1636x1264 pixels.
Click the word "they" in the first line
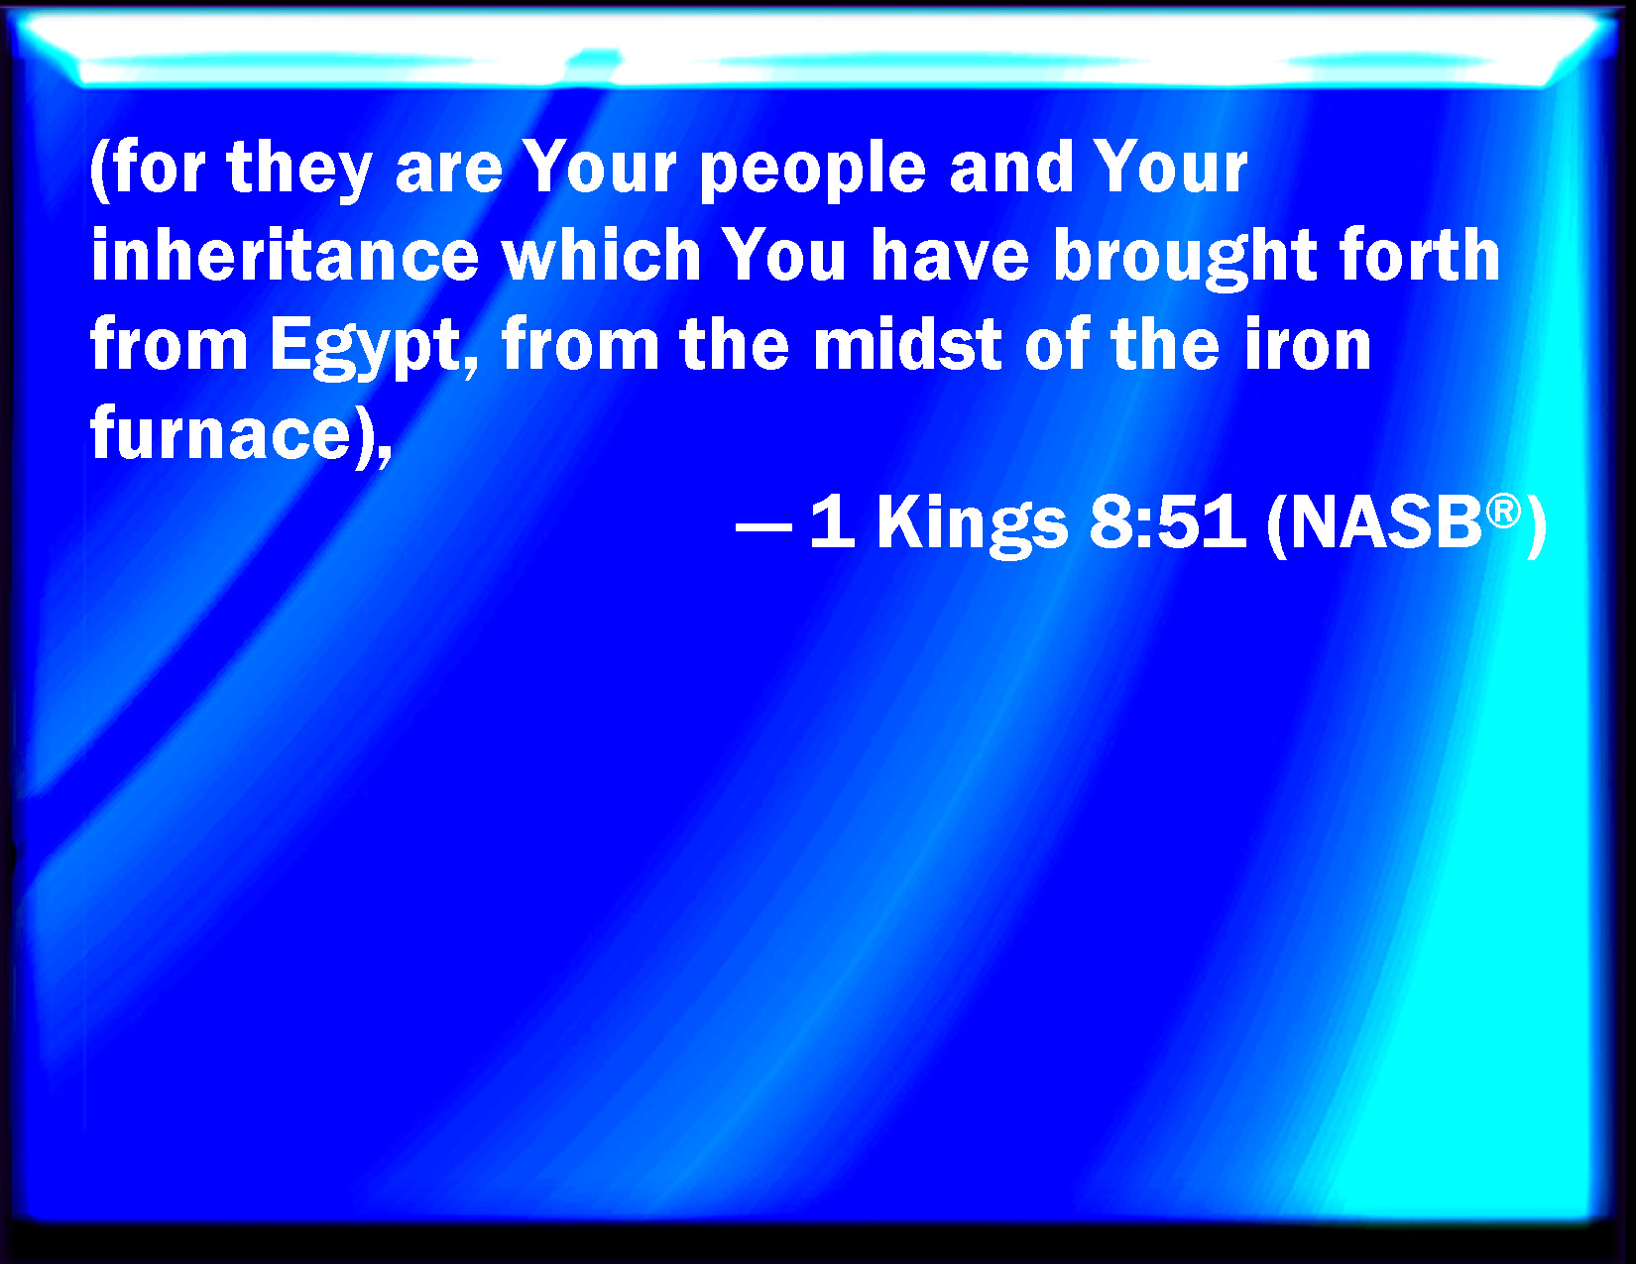tap(298, 171)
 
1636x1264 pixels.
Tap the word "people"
tap(812, 171)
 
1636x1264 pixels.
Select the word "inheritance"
tap(285, 255)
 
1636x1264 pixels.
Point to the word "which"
tap(602, 255)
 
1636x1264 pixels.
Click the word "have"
tap(950, 255)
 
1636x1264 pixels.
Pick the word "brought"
tap(1185, 258)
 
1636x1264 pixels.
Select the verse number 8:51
tap(1168, 521)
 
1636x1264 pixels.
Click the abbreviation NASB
tap(1386, 522)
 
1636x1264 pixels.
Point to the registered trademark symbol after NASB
tap(1503, 512)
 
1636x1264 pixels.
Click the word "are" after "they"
tap(449, 173)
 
